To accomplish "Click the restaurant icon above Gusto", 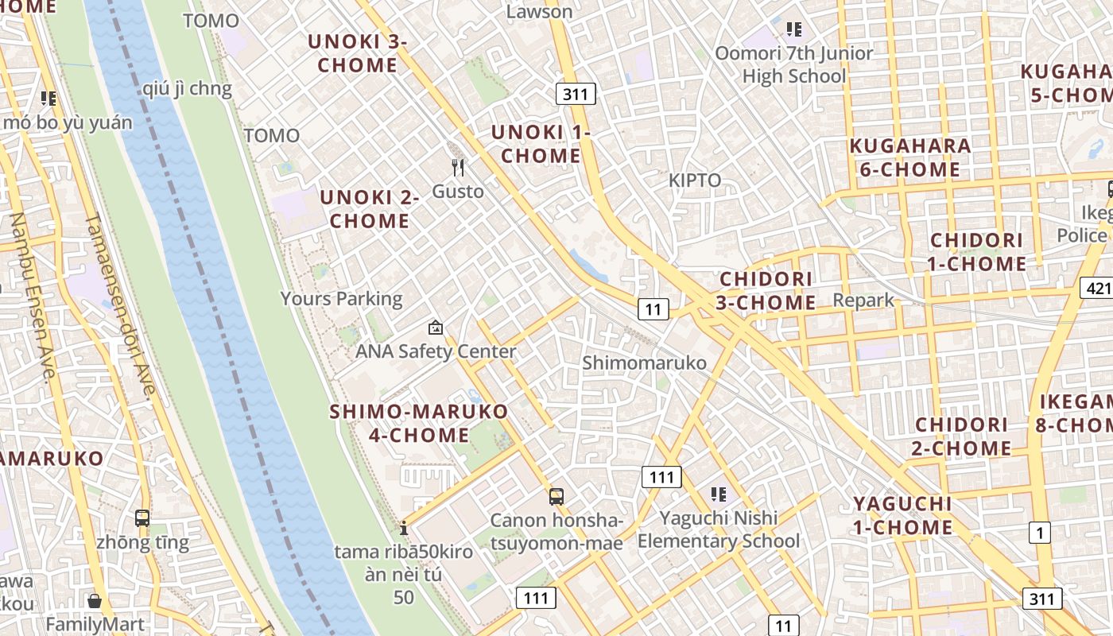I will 458,168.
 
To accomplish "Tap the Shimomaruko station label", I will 644,363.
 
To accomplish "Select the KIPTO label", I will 695,180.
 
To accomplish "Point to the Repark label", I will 863,301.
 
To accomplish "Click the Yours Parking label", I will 341,299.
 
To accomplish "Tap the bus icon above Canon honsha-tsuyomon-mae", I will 556,497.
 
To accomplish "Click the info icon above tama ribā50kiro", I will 404,528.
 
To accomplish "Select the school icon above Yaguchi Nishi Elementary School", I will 719,494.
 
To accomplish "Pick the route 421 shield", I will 1096,288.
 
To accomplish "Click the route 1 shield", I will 1040,533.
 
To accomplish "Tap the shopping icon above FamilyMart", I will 95,601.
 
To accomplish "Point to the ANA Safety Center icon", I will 436,327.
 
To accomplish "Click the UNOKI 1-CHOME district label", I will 541,144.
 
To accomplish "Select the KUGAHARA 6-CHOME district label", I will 910,157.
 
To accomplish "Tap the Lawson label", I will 539,11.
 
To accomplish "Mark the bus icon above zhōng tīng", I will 142,518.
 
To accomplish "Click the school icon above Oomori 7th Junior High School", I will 793,30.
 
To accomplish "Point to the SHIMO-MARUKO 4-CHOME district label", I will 419,423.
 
